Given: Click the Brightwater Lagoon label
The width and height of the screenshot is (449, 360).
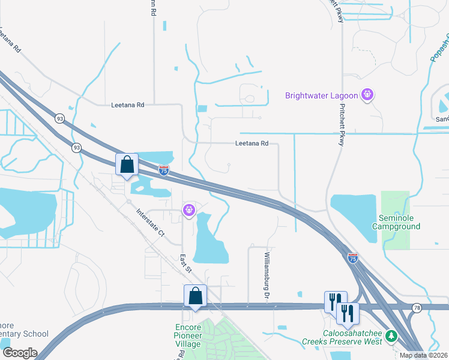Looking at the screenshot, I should [x=321, y=95].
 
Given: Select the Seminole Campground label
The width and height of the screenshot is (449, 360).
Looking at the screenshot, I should [x=396, y=222].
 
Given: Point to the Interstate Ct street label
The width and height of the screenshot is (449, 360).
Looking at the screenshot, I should [x=150, y=222].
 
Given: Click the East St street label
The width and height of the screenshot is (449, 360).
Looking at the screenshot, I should [x=185, y=262].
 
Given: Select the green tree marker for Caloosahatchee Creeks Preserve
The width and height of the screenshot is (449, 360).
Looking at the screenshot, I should [x=391, y=335].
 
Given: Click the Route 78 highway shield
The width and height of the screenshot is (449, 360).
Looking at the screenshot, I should [x=417, y=308].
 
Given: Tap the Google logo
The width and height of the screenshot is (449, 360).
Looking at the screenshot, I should [x=19, y=353].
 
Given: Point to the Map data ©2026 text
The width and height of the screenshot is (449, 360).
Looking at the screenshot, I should [x=423, y=355].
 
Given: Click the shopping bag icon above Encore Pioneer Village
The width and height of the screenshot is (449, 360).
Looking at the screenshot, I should [x=195, y=296].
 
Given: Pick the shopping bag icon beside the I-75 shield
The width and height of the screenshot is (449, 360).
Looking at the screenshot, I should [x=127, y=164].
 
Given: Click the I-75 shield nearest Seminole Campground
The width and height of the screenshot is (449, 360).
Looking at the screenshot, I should [x=353, y=257].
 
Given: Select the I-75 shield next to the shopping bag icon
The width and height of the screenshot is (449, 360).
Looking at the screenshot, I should [x=164, y=170].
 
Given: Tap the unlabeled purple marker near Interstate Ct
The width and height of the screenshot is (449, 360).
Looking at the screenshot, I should [x=188, y=209].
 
